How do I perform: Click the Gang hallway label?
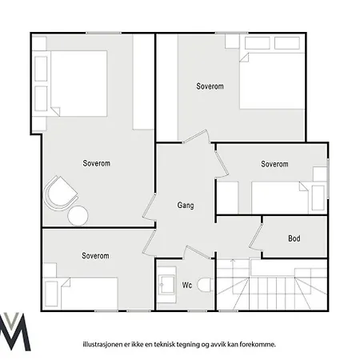pyautogui.click(x=186, y=206)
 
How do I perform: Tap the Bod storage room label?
pyautogui.click(x=294, y=238)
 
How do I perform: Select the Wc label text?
pyautogui.click(x=187, y=285)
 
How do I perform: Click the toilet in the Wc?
pyautogui.click(x=205, y=285)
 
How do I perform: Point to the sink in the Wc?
pyautogui.click(x=166, y=285)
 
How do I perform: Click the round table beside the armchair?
pyautogui.click(x=78, y=216)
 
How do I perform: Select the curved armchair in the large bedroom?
pyautogui.click(x=60, y=194)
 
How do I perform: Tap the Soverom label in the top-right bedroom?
pyautogui.click(x=210, y=86)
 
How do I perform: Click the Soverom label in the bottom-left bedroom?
pyautogui.click(x=95, y=256)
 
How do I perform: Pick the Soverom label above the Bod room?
pyautogui.click(x=274, y=164)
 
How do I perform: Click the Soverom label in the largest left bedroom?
pyautogui.click(x=96, y=163)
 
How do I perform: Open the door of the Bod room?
pyautogui.click(x=255, y=236)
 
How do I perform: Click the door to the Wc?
pyautogui.click(x=198, y=252)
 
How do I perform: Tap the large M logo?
pyautogui.click(x=14, y=331)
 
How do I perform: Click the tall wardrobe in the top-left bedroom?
pyautogui.click(x=143, y=82)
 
